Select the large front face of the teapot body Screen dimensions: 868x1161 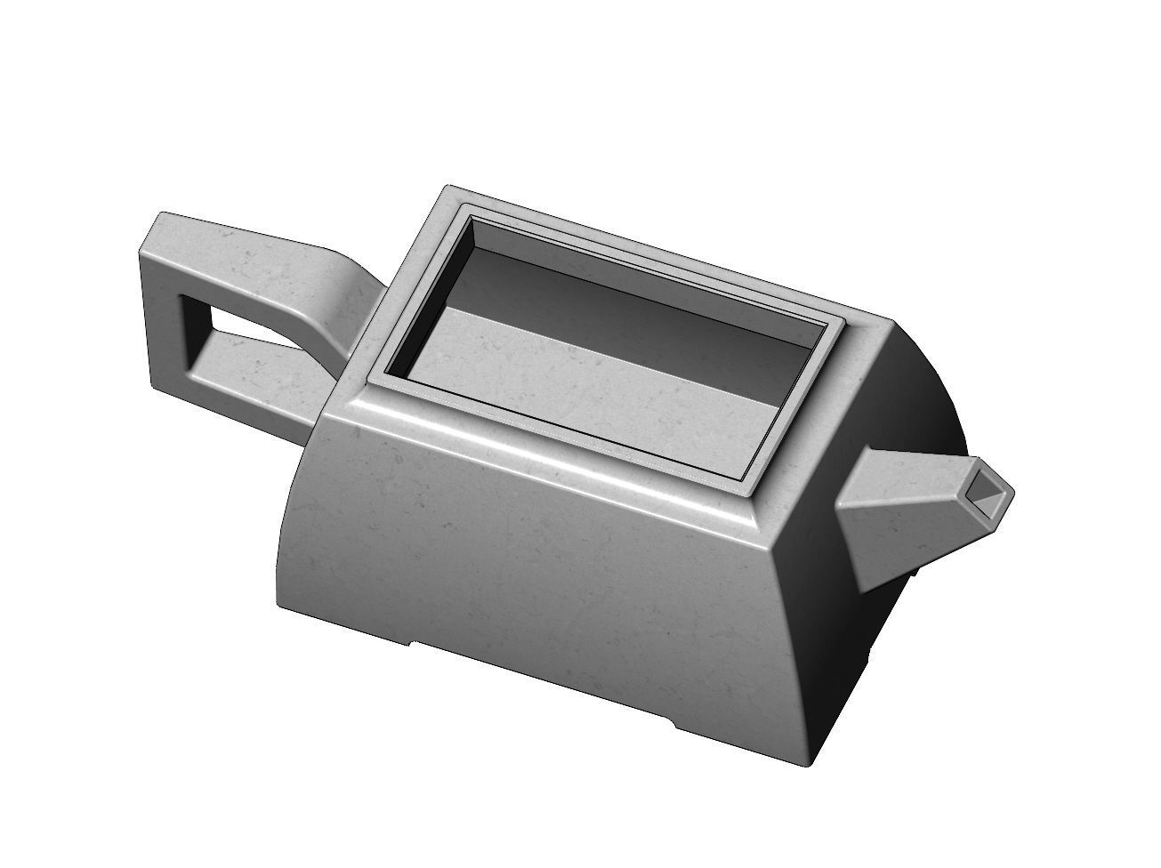(552, 569)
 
